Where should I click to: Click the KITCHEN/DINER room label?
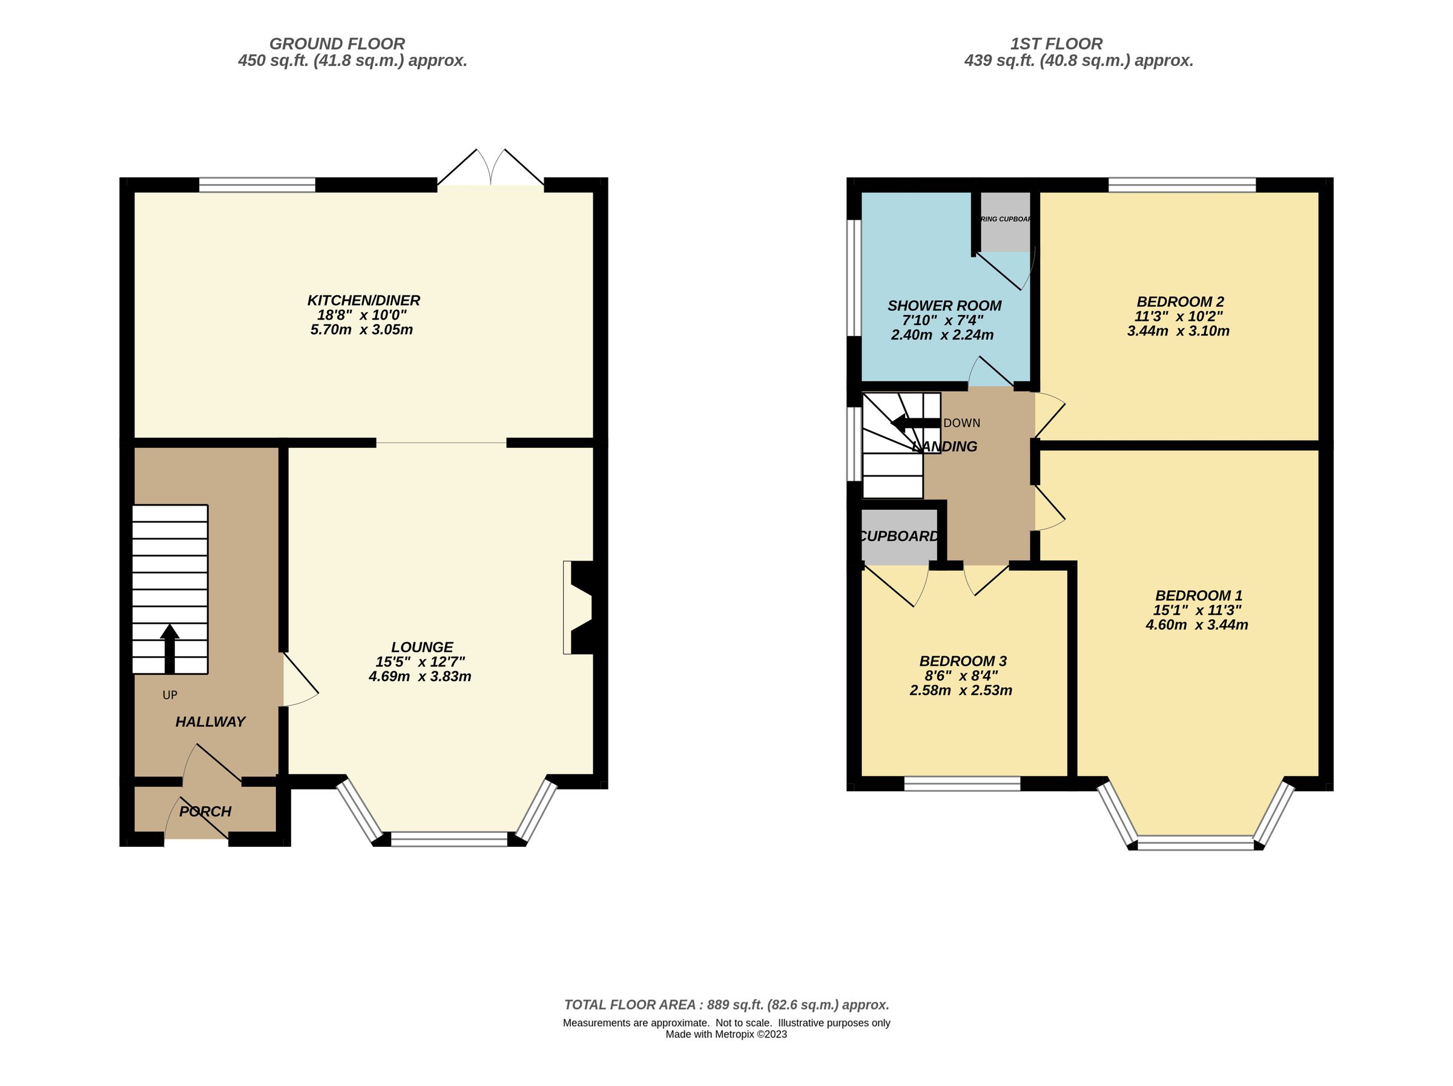tap(363, 300)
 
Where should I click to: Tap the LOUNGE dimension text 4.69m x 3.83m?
tap(420, 676)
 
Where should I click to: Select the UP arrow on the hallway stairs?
tap(170, 648)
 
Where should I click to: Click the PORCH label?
tap(205, 811)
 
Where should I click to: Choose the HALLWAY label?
tap(210, 722)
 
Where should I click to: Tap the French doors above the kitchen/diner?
tap(490, 169)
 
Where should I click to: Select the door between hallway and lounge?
tap(299, 680)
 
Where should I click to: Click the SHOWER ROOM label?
tap(944, 306)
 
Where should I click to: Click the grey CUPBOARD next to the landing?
tap(898, 536)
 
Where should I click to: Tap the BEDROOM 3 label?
tap(963, 661)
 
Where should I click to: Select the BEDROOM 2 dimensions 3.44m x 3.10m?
tap(1178, 331)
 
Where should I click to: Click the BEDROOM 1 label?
tap(1198, 595)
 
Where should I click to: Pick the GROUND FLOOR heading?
tap(337, 44)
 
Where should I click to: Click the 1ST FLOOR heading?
tap(1056, 44)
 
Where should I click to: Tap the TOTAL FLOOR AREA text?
tap(726, 1004)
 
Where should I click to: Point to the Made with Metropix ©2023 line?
tap(726, 1034)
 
